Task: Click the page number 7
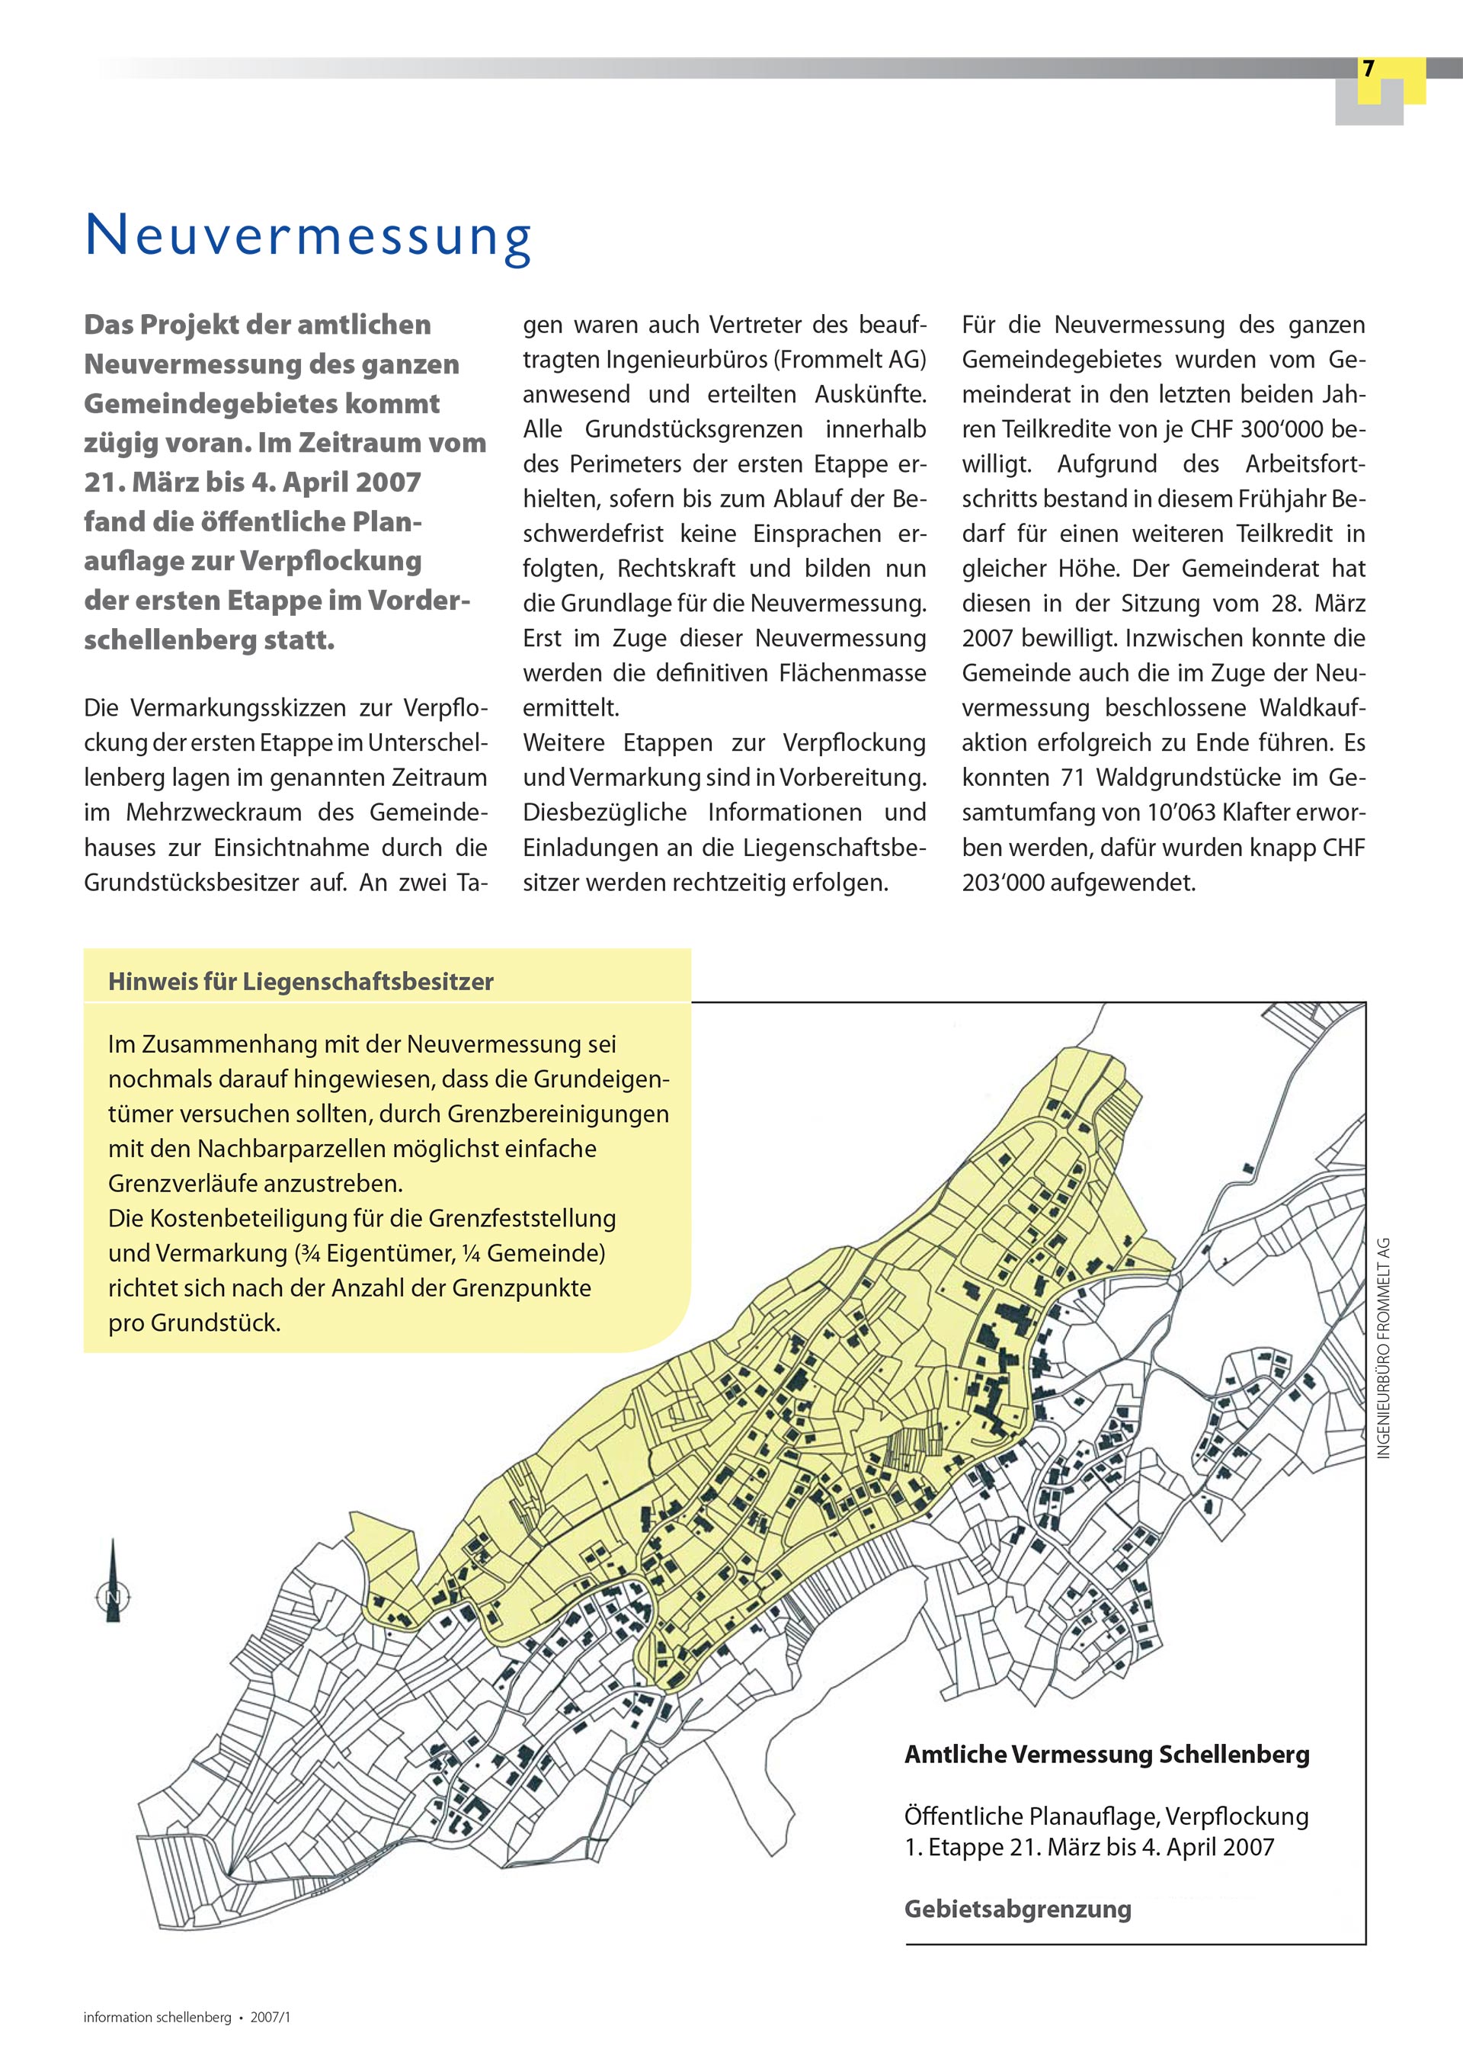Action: [1369, 69]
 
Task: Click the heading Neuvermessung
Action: [309, 236]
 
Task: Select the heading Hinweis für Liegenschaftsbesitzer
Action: [300, 981]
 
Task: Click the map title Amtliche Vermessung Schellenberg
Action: [1106, 1755]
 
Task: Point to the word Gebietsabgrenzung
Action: [1017, 1909]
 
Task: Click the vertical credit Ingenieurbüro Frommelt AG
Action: [1385, 1348]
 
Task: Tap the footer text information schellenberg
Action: [157, 2017]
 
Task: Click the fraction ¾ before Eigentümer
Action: [314, 1254]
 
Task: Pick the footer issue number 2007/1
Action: [271, 2017]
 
